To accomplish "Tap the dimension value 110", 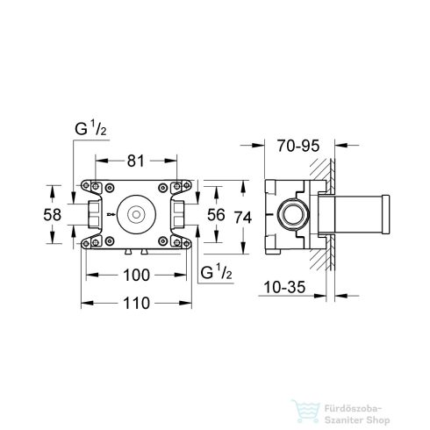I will pos(136,302).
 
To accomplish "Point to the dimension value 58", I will pos(53,214).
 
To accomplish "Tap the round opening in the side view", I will pos(291,213).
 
